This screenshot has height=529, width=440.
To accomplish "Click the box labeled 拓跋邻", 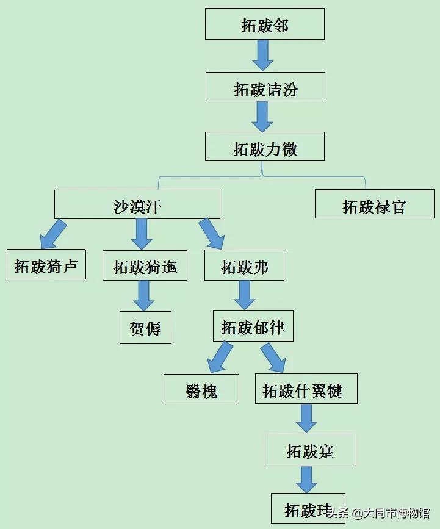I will coord(264,24).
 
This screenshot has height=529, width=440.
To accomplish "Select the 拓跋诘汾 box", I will coord(265,87).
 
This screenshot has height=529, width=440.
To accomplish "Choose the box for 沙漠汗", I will coord(137,204).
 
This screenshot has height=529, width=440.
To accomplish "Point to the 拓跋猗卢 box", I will coord(46,264).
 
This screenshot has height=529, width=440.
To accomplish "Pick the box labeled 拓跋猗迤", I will coord(145,265).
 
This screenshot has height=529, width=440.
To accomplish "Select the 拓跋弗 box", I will coord(244,265).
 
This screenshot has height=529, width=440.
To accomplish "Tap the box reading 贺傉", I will coord(145,327).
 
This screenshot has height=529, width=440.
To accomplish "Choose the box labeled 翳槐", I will coord(201,389).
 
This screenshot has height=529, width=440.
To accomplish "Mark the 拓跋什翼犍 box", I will coord(306,389).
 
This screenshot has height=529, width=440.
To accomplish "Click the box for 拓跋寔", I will coord(309,450).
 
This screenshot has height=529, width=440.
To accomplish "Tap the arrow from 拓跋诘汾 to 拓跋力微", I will coord(262,117).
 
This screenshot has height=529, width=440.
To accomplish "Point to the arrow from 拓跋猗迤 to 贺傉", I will coord(145,296).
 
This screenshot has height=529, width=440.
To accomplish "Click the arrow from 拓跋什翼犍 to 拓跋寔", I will coord(306,419).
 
